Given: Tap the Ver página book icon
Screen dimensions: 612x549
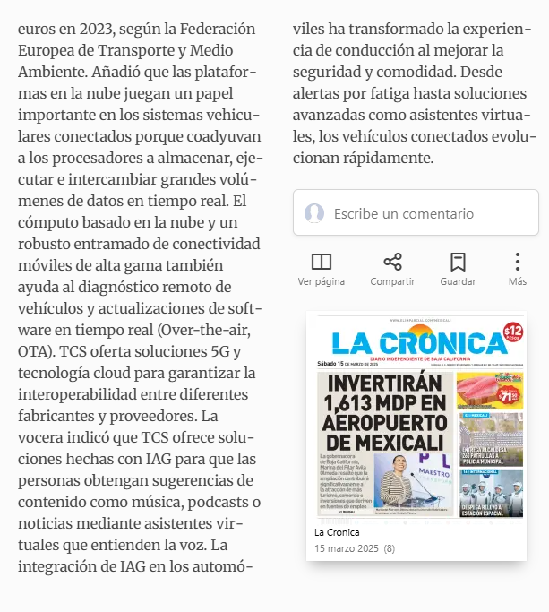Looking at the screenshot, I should [x=321, y=262].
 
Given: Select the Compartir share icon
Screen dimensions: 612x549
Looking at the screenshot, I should [x=392, y=262].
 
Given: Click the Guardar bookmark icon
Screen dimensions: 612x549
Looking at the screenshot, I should [x=458, y=262].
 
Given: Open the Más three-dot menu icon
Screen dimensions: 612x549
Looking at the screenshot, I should [x=518, y=262].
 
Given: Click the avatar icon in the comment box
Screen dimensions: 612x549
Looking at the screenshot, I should [x=314, y=213].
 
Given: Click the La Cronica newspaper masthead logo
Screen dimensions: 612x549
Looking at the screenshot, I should [x=418, y=344].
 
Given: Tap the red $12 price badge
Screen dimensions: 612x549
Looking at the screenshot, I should [x=512, y=333].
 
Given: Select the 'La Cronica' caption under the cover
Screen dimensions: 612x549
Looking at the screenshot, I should [x=337, y=532].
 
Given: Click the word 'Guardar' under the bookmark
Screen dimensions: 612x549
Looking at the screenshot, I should [x=458, y=281].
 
